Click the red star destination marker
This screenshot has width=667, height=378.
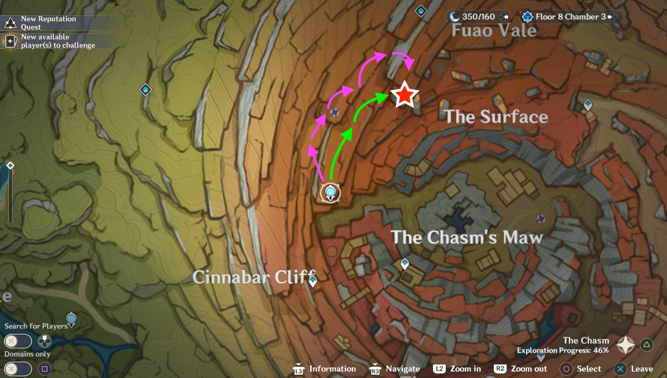[404, 94]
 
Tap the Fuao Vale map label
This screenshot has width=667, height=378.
[494, 30]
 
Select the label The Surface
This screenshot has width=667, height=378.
[496, 117]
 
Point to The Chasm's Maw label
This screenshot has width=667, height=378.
[467, 237]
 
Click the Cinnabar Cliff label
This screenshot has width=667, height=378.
[254, 277]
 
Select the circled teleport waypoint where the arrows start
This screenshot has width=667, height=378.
[330, 193]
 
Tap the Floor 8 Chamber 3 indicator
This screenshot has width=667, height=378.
[570, 17]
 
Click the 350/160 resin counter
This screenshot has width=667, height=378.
[478, 17]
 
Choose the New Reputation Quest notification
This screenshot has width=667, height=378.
[48, 23]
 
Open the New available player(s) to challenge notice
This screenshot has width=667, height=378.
[57, 41]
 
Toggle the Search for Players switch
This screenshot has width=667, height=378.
[18, 341]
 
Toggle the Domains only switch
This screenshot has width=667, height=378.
[18, 369]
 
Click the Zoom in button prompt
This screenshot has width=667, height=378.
[457, 369]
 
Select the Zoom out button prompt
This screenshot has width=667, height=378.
[521, 369]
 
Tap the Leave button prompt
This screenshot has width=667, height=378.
[634, 369]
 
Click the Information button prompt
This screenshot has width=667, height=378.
[325, 369]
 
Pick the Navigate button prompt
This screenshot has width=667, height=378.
[395, 369]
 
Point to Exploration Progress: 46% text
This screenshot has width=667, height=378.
[563, 351]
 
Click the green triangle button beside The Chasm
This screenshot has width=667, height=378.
[647, 345]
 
